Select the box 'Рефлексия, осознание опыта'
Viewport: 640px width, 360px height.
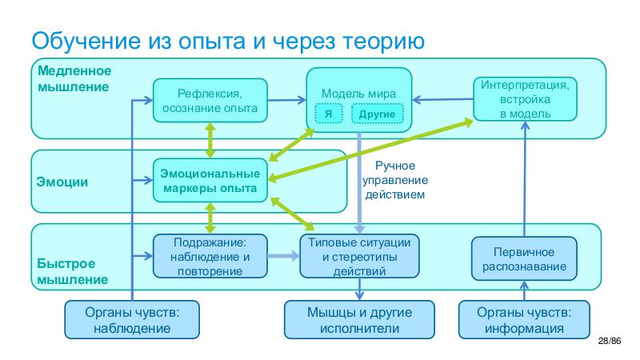coord(209,100)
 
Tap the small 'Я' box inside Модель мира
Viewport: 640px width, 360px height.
coord(328,114)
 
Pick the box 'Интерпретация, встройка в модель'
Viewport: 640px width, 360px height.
coord(525,98)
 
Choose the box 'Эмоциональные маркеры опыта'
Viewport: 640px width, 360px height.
coord(210,181)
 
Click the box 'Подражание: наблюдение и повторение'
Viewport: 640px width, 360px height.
coord(210,255)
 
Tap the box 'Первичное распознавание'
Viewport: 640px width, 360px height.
coord(524,258)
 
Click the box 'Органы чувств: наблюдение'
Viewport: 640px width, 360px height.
coord(131,319)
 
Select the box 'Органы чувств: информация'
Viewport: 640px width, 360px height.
coord(524,319)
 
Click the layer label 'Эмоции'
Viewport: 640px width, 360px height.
coord(62,182)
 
